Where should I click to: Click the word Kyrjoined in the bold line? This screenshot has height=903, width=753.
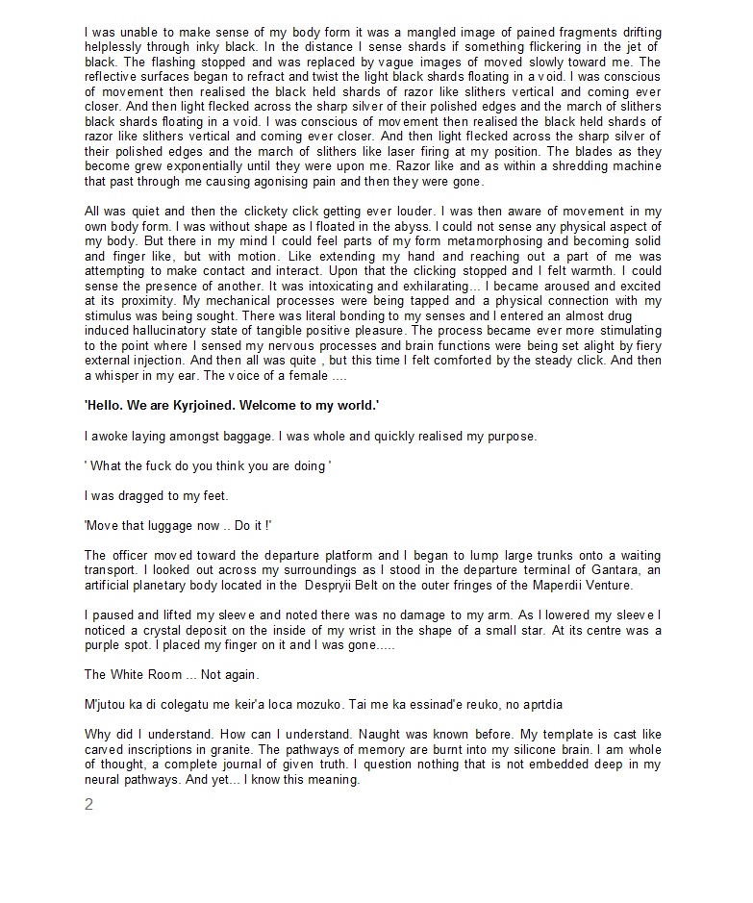click(x=197, y=407)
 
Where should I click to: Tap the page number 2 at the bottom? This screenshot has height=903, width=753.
click(x=89, y=805)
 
